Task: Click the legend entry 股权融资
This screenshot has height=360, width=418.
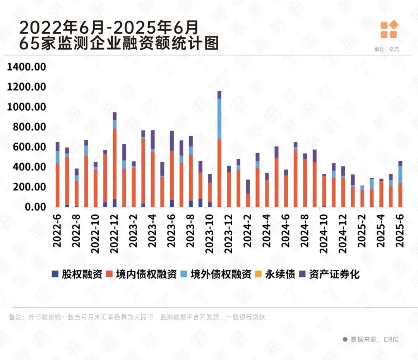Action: pyautogui.click(x=77, y=274)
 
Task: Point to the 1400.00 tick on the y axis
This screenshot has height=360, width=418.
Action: pyautogui.click(x=27, y=67)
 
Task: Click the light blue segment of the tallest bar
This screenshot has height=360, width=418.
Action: pyautogui.click(x=219, y=119)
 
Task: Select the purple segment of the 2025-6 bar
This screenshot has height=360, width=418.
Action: pyautogui.click(x=400, y=163)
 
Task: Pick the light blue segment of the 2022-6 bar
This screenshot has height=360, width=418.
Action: pyautogui.click(x=57, y=157)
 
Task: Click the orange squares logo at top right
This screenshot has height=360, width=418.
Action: pyautogui.click(x=389, y=30)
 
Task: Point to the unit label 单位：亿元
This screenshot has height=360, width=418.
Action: pyautogui.click(x=386, y=49)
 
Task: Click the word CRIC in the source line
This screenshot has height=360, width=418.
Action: pyautogui.click(x=391, y=339)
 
